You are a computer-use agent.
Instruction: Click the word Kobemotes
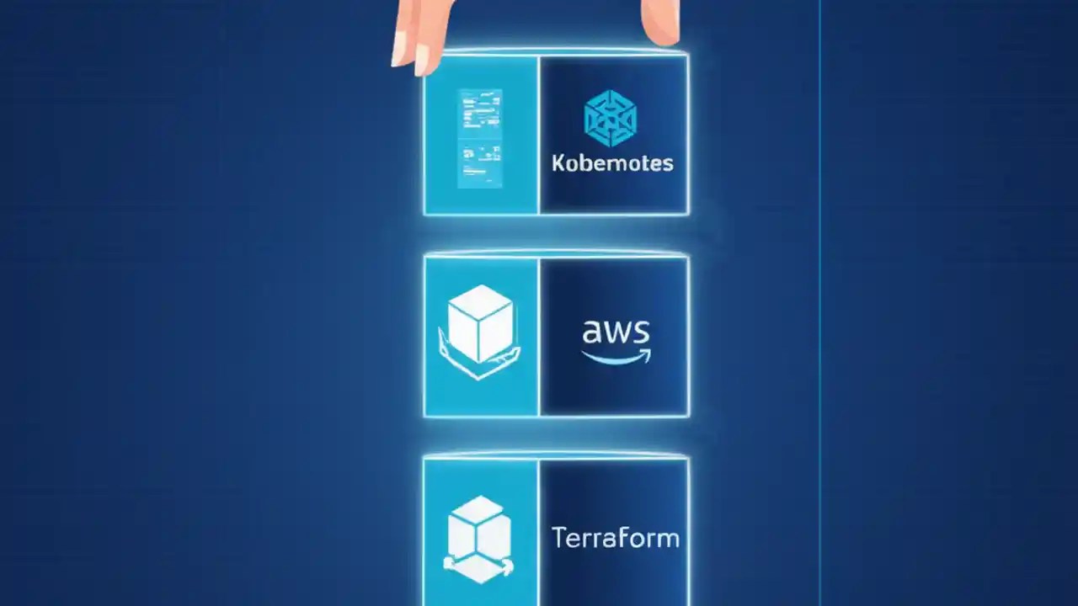tap(612, 162)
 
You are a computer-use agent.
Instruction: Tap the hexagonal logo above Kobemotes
tap(611, 117)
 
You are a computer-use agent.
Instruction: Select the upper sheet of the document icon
tap(479, 111)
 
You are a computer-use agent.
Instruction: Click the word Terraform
tap(615, 538)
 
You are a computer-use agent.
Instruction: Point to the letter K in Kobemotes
tap(559, 162)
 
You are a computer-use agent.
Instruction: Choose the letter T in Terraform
tap(559, 537)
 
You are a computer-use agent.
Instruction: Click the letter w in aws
tap(616, 333)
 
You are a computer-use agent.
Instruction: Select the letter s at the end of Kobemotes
tap(668, 163)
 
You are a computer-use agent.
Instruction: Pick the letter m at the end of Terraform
tap(668, 539)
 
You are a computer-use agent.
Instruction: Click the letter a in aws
tap(591, 333)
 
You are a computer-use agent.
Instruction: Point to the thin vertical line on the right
tap(820, 303)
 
